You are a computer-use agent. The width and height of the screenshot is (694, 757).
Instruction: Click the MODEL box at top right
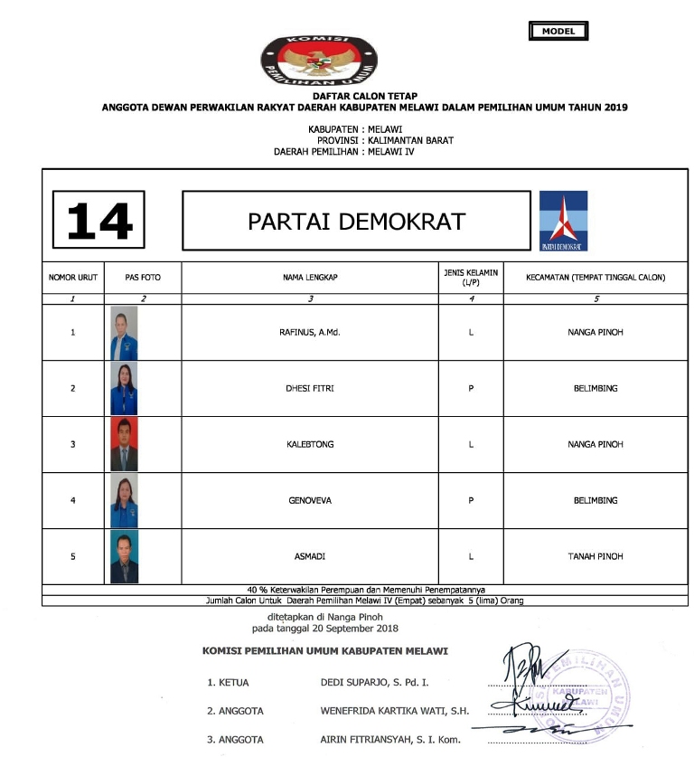tap(558, 32)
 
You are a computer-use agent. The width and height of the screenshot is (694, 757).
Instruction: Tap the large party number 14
tap(98, 220)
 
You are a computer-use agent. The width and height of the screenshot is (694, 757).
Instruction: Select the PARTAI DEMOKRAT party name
tap(356, 221)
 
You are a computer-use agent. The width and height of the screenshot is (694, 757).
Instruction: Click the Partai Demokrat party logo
tap(563, 221)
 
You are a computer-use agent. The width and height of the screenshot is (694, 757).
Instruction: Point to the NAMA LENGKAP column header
tap(309, 278)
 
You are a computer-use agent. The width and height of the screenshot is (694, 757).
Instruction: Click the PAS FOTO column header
tap(143, 278)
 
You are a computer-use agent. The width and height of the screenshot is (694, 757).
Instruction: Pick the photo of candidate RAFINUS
tap(124, 333)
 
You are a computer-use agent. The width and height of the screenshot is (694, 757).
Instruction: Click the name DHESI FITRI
tap(309, 388)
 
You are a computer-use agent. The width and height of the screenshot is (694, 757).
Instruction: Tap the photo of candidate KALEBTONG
tap(124, 444)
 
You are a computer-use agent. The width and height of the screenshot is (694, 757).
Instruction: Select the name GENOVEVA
tap(309, 500)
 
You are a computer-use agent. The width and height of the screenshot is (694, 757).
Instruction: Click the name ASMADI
tap(309, 556)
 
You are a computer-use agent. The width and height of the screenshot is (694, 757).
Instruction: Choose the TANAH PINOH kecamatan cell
tap(595, 556)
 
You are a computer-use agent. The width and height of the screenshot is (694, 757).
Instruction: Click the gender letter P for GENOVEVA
tap(471, 500)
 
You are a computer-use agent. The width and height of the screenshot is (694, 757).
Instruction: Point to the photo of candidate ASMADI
tap(124, 557)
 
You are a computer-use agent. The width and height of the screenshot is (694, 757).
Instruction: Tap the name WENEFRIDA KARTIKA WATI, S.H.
tap(395, 711)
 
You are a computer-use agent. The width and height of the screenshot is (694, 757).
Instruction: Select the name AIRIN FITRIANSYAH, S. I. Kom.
tap(390, 740)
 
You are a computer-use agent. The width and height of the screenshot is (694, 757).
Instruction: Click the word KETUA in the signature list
tap(233, 683)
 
